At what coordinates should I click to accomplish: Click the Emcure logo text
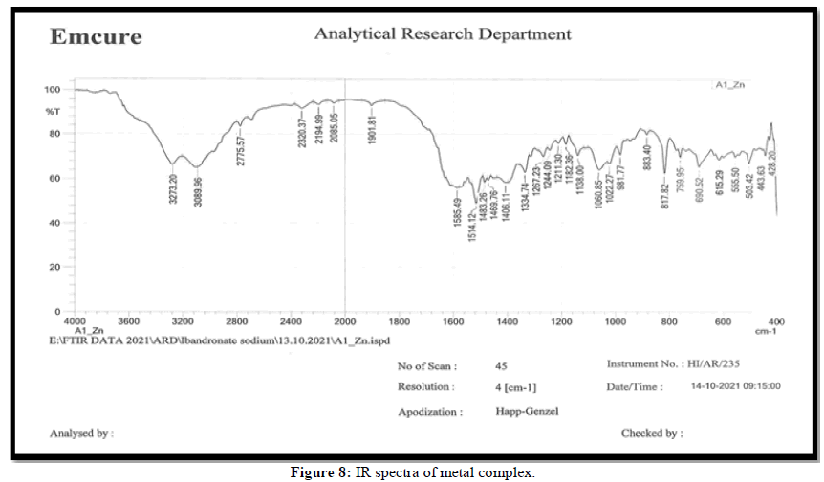[96, 37]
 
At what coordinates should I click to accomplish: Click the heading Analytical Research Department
[443, 33]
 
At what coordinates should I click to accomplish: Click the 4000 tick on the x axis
[75, 321]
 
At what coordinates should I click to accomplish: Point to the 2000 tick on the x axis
[344, 321]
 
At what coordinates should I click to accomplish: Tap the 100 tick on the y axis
[52, 90]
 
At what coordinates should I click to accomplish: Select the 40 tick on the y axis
[55, 223]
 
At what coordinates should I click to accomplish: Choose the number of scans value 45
[501, 365]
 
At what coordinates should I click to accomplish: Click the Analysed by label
[81, 433]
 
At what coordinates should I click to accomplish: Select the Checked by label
[652, 433]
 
